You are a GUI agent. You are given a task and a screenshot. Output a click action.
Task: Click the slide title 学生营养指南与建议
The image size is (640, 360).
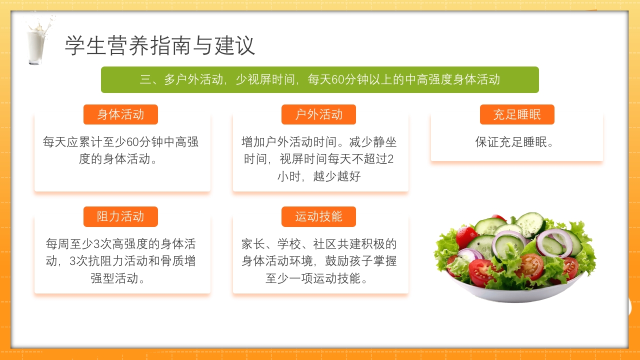(160, 46)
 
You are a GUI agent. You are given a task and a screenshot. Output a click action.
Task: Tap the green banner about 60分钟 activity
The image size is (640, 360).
(320, 79)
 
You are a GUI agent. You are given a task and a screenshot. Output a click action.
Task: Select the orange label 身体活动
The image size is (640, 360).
(120, 114)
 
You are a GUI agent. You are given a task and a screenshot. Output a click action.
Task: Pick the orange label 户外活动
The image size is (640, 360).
(318, 114)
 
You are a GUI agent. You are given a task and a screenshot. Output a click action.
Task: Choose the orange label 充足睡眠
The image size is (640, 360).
(517, 114)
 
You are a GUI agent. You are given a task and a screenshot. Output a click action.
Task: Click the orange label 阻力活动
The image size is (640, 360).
(120, 216)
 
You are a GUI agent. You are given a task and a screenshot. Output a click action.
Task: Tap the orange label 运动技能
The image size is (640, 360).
(318, 216)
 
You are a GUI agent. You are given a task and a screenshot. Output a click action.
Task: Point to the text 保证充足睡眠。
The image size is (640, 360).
(515, 142)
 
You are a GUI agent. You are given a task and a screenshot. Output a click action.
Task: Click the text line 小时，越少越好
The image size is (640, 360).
(319, 176)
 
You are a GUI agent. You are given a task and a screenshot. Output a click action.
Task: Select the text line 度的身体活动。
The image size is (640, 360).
(120, 159)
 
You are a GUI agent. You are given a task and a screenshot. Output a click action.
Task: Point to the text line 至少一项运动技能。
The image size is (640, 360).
(319, 278)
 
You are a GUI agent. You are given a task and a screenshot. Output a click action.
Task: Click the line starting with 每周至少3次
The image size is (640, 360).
(120, 244)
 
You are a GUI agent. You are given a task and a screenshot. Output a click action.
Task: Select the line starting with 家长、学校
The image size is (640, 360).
(319, 244)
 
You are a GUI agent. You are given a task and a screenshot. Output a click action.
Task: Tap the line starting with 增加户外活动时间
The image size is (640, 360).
(319, 142)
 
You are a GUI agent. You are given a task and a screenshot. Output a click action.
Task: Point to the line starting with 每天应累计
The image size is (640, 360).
(120, 142)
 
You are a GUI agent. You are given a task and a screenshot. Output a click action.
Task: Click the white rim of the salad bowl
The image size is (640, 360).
(515, 295)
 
